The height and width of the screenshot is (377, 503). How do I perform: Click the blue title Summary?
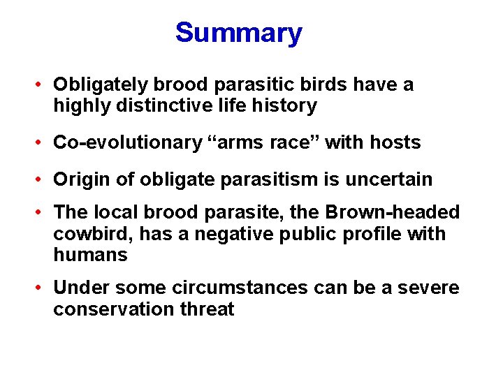point(238,33)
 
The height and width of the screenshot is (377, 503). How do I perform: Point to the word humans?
point(90,255)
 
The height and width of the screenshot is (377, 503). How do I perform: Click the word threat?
point(205,309)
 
